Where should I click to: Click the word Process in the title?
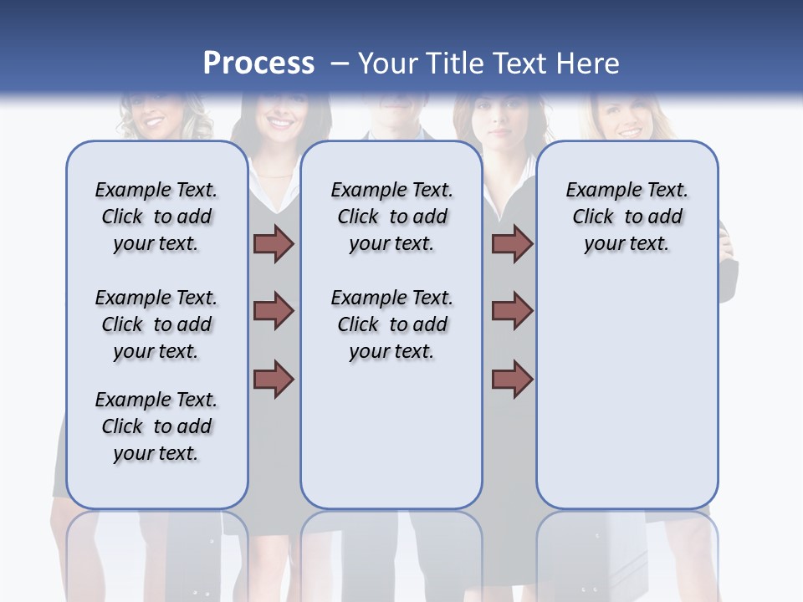[x=258, y=63]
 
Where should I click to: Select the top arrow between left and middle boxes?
[x=274, y=244]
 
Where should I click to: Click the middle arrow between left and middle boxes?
[x=274, y=311]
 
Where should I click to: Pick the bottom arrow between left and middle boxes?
[x=274, y=379]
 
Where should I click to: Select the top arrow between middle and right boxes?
[x=512, y=244]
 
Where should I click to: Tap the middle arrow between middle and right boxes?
[x=512, y=311]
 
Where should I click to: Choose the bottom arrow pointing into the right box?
[x=512, y=379]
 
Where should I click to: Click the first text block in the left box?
[x=156, y=217]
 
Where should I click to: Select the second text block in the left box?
[x=156, y=324]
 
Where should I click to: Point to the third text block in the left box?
[x=156, y=426]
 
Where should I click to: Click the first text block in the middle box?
[x=392, y=217]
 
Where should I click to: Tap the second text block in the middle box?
[x=392, y=324]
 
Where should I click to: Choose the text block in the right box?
[x=627, y=217]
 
